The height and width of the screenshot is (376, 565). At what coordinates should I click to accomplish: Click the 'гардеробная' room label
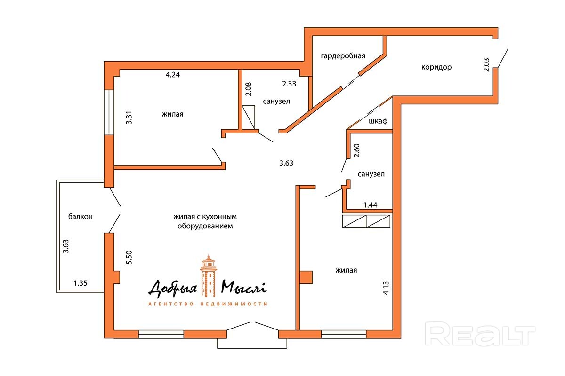343,56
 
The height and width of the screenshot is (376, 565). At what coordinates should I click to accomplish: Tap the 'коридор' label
436,67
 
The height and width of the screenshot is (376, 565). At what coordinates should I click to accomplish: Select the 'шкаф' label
378,121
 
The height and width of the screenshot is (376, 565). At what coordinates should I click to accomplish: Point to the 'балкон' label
81,216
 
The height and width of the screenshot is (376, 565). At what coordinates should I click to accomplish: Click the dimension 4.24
172,75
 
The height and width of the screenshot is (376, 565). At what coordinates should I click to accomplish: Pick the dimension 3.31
129,117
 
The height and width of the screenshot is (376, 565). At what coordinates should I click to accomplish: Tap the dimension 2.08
249,89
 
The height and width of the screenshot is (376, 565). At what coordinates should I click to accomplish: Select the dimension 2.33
289,84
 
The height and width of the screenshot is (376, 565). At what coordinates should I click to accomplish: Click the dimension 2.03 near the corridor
486,65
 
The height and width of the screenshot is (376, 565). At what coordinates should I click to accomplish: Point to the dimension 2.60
356,150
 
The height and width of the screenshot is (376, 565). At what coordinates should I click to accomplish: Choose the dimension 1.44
370,205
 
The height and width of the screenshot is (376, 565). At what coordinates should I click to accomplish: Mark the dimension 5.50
129,258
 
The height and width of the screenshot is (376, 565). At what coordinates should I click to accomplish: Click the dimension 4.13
386,288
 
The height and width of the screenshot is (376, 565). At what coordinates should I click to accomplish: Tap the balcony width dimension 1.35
81,283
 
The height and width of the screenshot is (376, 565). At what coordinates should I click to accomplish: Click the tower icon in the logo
208,275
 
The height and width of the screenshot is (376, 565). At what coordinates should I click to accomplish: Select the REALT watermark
480,334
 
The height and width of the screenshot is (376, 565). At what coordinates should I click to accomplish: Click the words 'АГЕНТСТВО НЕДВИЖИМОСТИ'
208,304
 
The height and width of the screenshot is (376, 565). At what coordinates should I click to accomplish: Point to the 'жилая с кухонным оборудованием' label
205,221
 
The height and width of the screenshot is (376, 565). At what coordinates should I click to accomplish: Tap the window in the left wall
109,112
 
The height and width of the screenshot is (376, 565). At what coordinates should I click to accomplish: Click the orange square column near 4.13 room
306,277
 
